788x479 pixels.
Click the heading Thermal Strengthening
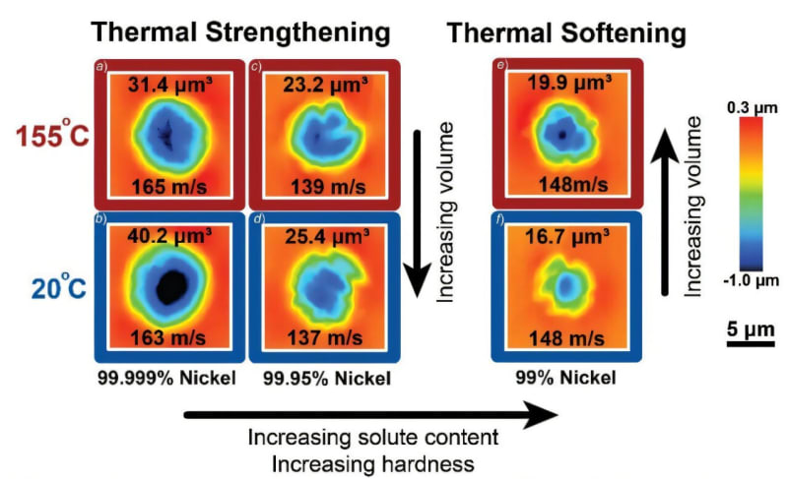[241, 31]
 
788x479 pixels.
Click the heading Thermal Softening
[566, 31]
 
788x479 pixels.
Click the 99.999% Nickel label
[167, 378]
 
